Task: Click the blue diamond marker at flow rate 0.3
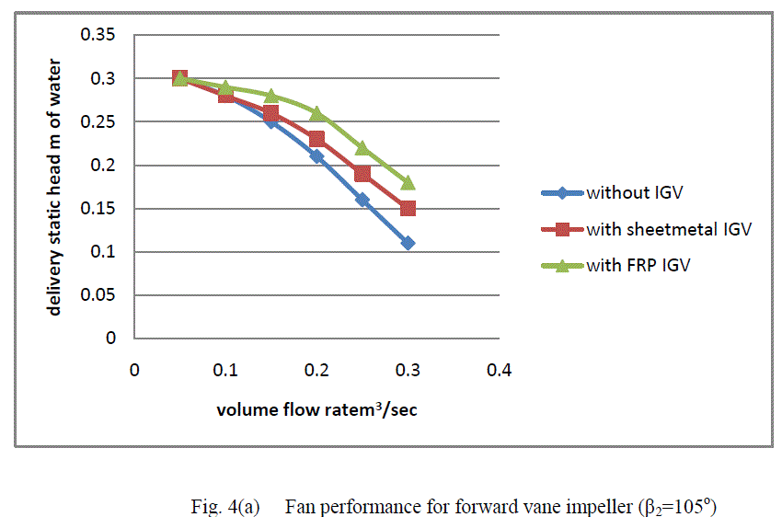coord(408,243)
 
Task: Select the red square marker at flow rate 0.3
coord(408,208)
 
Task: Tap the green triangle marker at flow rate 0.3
coord(408,182)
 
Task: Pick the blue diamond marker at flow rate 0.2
coord(316,156)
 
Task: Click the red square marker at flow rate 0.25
coord(362,174)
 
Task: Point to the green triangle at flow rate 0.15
coord(271,96)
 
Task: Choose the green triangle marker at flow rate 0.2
coord(316,113)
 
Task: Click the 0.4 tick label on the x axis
coord(499,370)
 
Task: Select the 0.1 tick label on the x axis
coord(225,370)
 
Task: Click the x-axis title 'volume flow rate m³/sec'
coord(316,409)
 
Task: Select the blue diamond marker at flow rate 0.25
coord(362,200)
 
